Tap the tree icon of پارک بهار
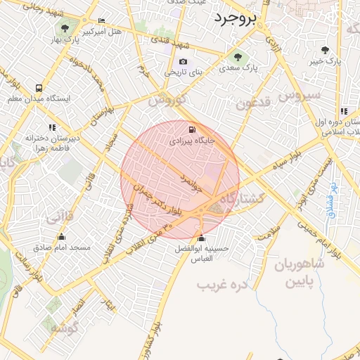[65, 29]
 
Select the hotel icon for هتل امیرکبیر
[102, 21]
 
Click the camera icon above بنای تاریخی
[184, 62]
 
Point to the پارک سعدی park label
[238, 68]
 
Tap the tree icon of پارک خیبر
[325, 50]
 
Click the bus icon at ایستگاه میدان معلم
[39, 89]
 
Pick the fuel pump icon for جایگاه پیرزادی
[192, 129]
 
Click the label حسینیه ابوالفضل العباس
[202, 254]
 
